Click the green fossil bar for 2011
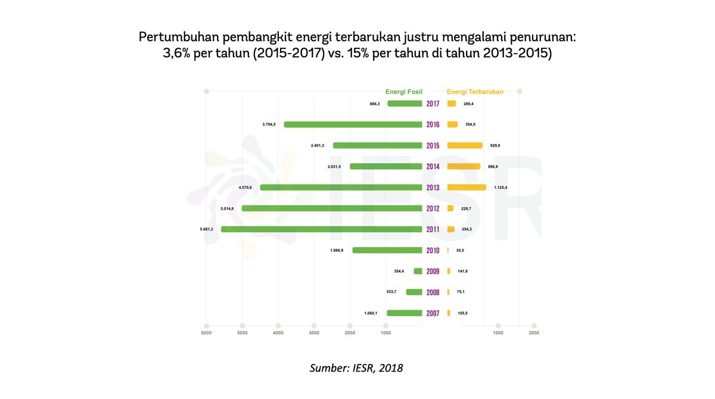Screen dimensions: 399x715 tap(322, 229)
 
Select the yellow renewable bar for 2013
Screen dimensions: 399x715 tap(467, 188)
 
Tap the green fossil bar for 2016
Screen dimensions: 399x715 tap(353, 124)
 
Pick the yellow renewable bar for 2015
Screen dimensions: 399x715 tap(465, 145)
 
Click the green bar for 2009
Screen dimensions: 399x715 tap(418, 271)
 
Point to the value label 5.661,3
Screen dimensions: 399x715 tap(206, 229)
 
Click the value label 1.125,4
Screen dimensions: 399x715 tap(500, 188)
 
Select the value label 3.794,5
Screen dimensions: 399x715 tap(269, 124)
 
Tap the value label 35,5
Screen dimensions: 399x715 tap(460, 250)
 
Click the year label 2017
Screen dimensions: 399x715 tap(433, 104)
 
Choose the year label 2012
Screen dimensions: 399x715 tap(433, 208)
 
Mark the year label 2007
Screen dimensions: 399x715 tap(433, 313)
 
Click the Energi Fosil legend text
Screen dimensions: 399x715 tap(404, 92)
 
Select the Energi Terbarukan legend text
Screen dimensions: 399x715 tap(475, 92)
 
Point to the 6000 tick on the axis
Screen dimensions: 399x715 tap(206, 333)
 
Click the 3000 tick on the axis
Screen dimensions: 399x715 tap(314, 333)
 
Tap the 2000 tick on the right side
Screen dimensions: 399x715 tap(534, 333)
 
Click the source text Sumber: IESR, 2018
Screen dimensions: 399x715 tap(356, 368)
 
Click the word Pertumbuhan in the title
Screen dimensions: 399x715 tap(178, 37)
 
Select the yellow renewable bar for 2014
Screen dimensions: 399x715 tap(464, 167)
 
